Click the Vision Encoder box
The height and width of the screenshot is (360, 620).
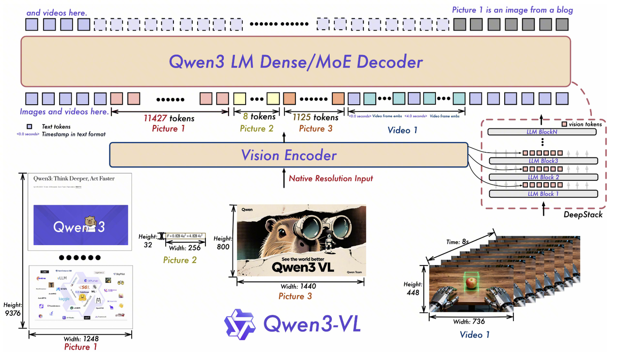point(289,155)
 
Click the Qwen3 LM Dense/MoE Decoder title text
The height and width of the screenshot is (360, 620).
point(295,62)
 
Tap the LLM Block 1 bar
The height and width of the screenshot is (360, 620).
point(543,194)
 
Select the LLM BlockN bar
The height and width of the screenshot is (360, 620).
point(543,132)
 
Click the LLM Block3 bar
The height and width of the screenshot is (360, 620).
point(543,161)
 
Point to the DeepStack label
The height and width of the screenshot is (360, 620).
point(583,214)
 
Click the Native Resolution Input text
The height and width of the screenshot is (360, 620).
point(331,178)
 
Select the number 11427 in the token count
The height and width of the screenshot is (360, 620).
point(155,118)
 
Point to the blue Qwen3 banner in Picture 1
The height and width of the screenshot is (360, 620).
point(81,225)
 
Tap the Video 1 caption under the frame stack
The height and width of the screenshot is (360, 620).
point(475,335)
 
